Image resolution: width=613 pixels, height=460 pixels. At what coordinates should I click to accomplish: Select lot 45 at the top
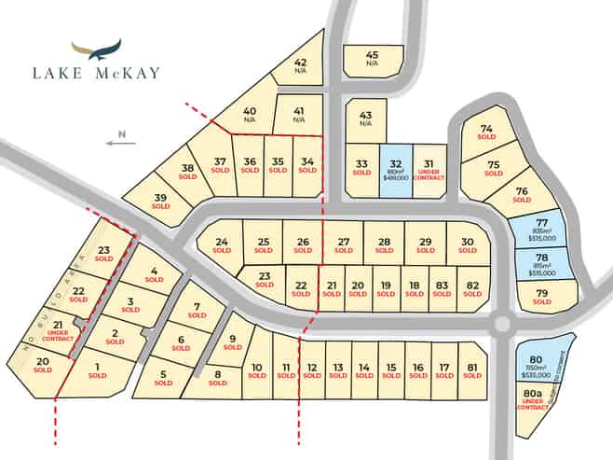[x=372, y=59]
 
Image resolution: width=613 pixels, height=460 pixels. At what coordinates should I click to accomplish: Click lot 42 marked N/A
[x=300, y=65]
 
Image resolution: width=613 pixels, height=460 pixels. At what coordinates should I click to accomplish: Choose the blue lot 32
[x=395, y=169]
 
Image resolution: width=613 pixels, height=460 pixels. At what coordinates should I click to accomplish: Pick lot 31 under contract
[x=429, y=169]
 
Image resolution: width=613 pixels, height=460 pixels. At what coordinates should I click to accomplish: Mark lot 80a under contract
[x=534, y=402]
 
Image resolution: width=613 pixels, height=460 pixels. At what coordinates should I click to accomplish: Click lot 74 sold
[x=485, y=132]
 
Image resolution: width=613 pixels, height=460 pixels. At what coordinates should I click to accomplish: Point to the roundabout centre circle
[x=503, y=324]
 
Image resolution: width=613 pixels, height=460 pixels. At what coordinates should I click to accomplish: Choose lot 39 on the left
[x=161, y=201]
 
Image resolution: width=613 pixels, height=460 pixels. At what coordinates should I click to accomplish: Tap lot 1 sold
[x=98, y=370]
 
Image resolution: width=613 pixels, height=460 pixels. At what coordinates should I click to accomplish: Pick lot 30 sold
[x=468, y=244]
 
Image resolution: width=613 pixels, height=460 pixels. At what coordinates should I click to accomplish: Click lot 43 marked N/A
[x=365, y=118]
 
